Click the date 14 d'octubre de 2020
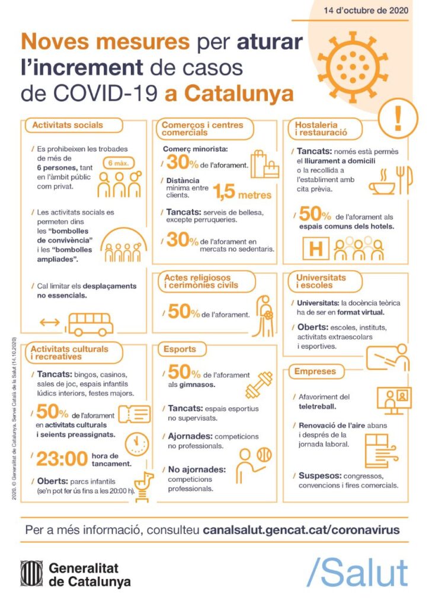[x=367, y=10]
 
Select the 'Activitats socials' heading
[x=68, y=125]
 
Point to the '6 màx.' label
[x=121, y=162]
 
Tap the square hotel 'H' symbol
[x=316, y=248]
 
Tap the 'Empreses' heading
[x=315, y=372]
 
